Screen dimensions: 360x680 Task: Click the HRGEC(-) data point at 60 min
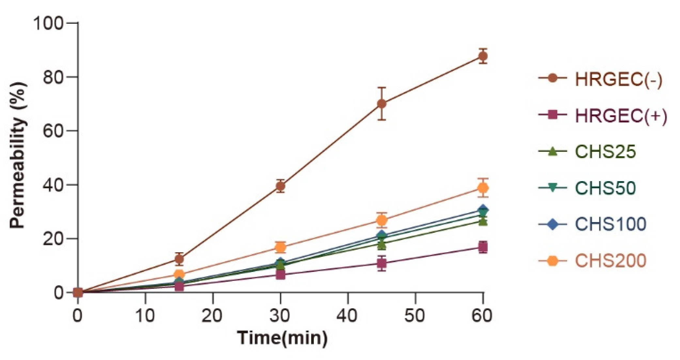coord(483,56)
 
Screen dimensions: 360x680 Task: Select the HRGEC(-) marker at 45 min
coord(382,104)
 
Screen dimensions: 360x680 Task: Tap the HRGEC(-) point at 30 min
coord(280,186)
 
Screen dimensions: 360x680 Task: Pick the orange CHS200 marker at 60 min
coord(483,188)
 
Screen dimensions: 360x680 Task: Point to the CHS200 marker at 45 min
coord(382,220)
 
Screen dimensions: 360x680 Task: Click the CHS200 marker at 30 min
coord(280,247)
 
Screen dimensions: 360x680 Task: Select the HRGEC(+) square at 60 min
coord(483,247)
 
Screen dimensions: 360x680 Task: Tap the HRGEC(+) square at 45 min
coord(382,263)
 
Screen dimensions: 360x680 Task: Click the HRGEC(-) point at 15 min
coord(179,259)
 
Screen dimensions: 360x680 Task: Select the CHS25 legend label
coord(605,151)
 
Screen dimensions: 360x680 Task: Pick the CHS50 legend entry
coord(605,188)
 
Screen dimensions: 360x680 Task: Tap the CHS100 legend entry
coord(610,224)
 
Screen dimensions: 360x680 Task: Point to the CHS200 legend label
coord(610,260)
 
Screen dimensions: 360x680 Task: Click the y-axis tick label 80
coord(52,77)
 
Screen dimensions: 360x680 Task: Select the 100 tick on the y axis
coord(48,23)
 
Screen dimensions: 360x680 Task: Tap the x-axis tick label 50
coord(415,315)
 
